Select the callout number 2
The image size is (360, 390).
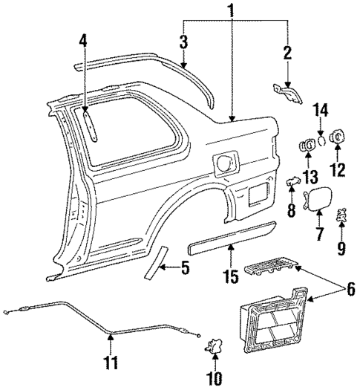287,53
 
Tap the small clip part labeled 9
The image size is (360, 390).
343,215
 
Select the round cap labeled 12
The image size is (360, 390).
336,137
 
